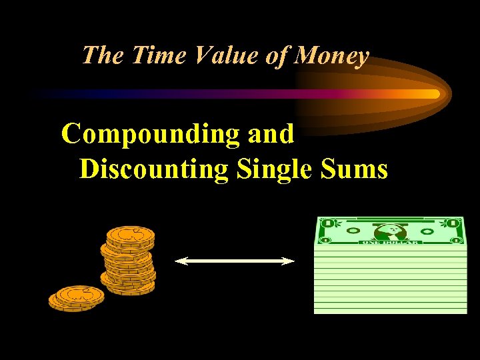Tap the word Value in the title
(222, 55)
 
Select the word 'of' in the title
(276, 55)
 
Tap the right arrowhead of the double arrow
(291, 262)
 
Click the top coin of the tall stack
(131, 235)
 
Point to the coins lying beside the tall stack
(76, 297)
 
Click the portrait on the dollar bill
(391, 231)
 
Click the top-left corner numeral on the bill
(326, 223)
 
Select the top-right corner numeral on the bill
(454, 223)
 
